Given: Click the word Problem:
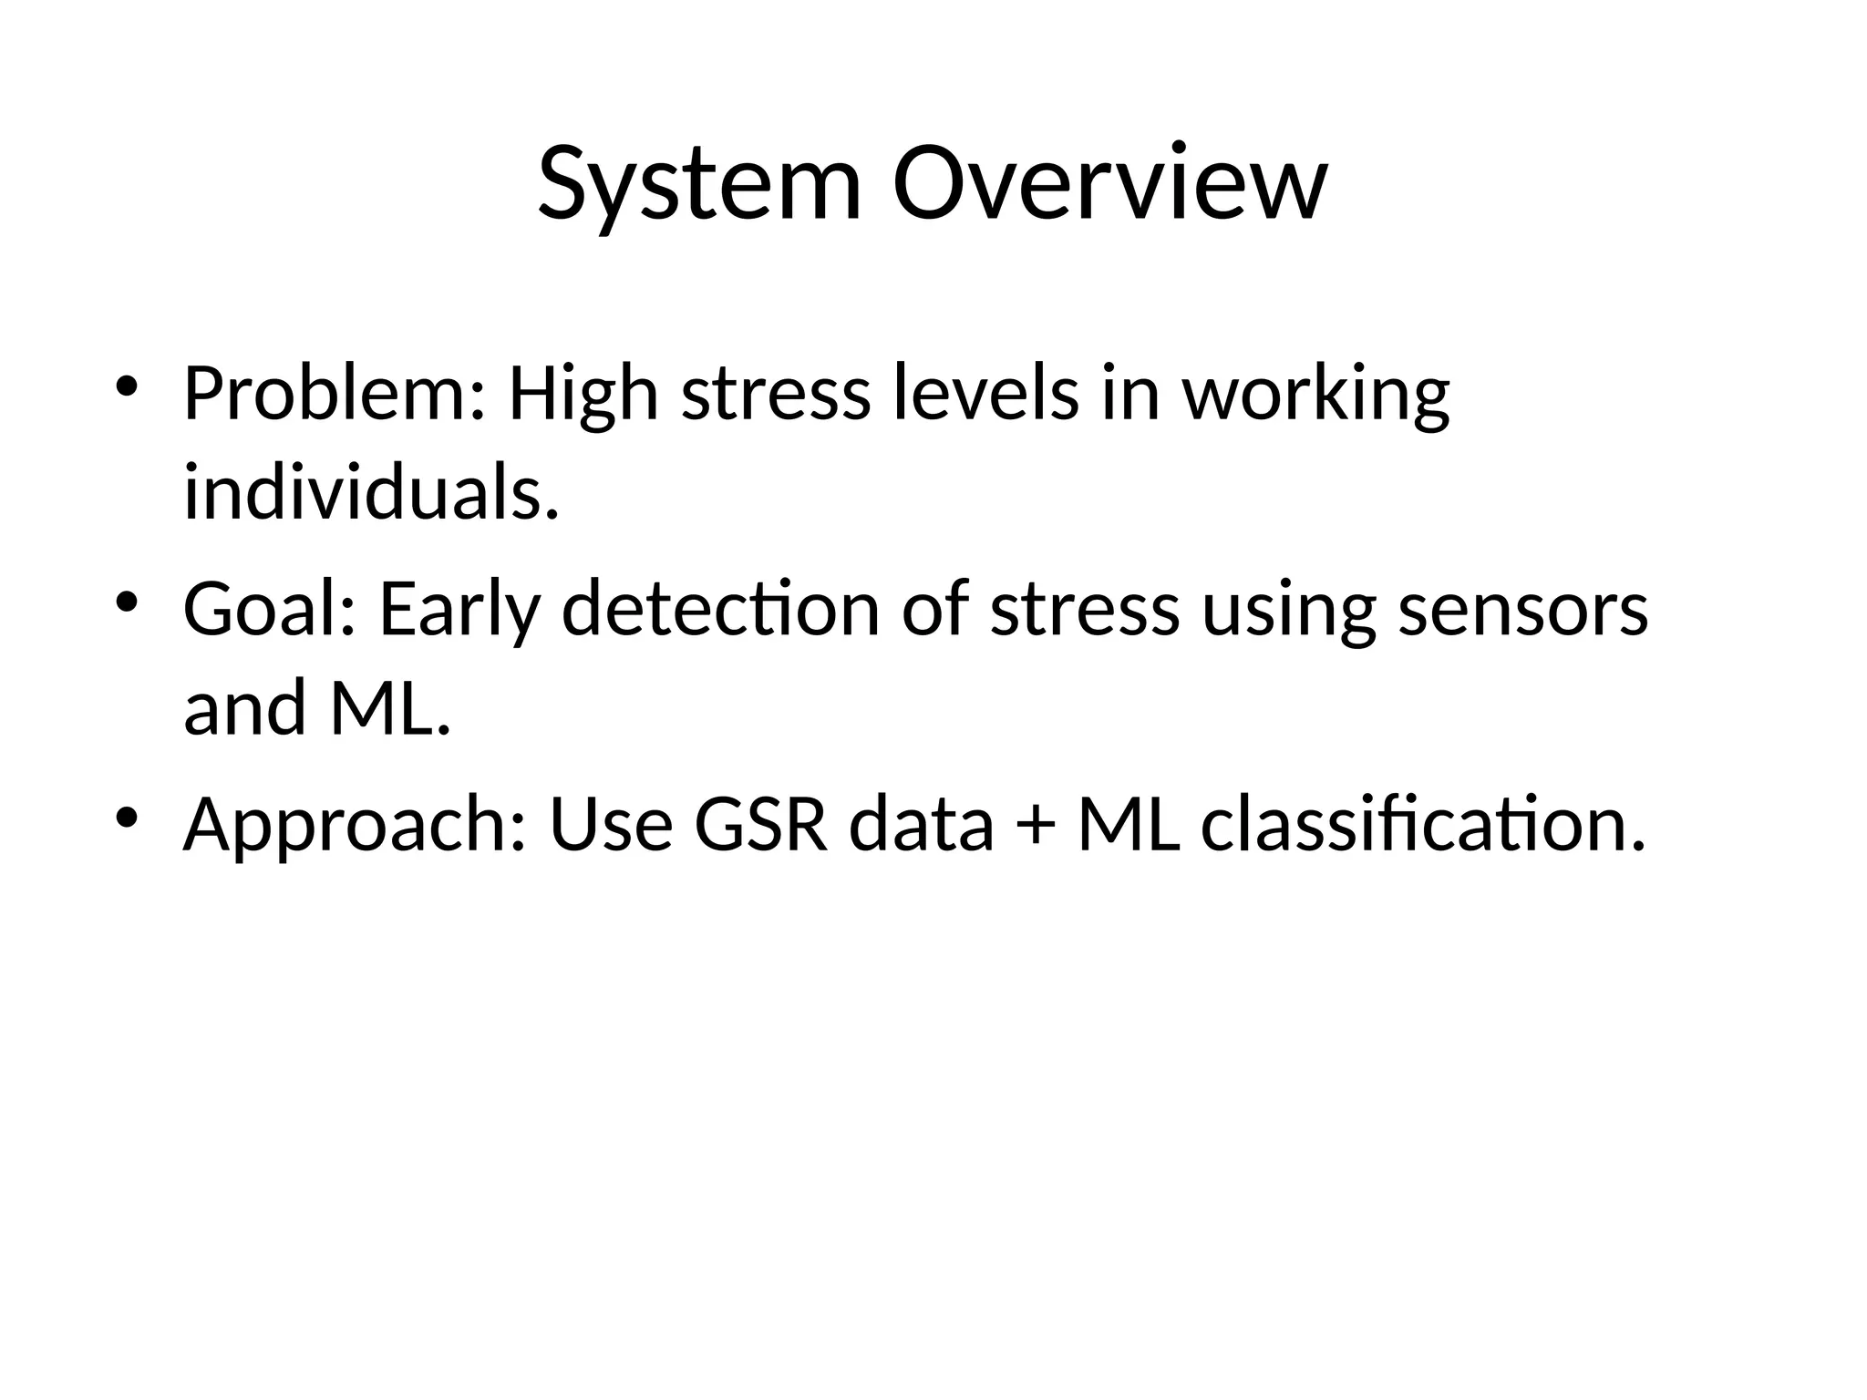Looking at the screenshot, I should click(x=334, y=395).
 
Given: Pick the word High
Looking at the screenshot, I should click(x=583, y=395).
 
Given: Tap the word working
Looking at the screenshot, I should click(x=1315, y=395).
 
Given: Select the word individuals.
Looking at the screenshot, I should click(x=370, y=493).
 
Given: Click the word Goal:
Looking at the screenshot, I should click(x=270, y=610).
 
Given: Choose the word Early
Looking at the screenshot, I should click(x=459, y=610).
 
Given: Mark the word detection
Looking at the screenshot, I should click(x=720, y=610).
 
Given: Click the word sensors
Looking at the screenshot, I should click(x=1523, y=610).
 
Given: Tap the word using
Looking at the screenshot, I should click(x=1289, y=610).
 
